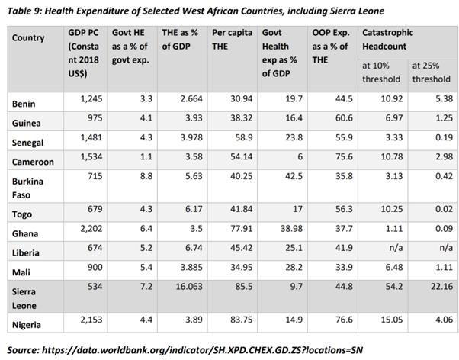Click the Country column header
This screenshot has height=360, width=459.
click(x=29, y=38)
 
